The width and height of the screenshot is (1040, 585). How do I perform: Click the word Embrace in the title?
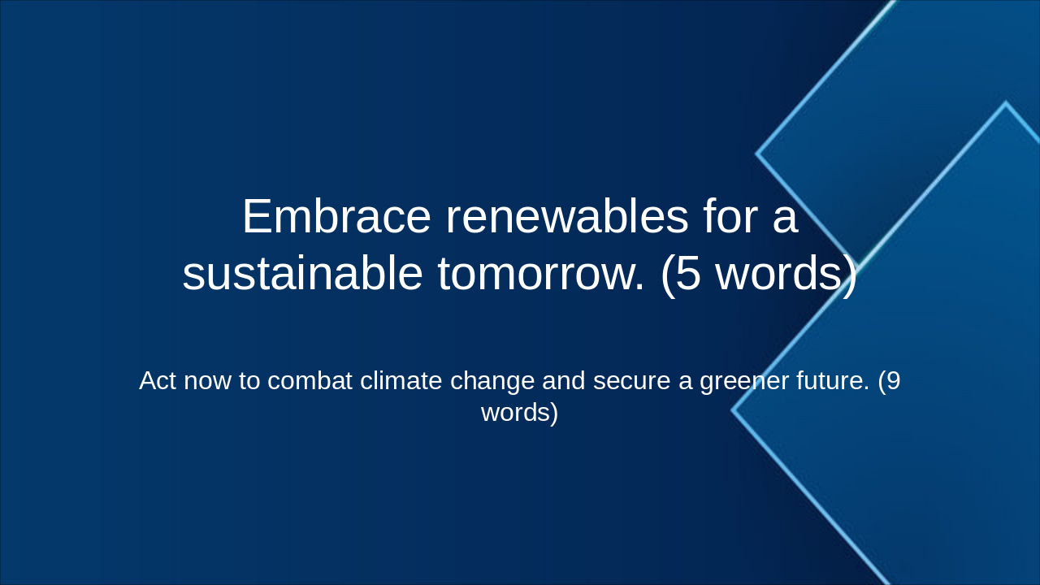[336, 217]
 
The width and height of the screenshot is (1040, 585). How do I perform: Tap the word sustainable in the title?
[302, 274]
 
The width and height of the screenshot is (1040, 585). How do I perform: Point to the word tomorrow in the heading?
[540, 274]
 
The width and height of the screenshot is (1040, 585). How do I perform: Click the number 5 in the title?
[688, 274]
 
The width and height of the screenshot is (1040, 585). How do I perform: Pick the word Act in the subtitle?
[157, 380]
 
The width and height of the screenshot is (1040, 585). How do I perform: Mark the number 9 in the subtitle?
[893, 380]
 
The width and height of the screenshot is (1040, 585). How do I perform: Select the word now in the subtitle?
[209, 381]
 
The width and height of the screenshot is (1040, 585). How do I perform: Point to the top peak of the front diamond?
[1005, 103]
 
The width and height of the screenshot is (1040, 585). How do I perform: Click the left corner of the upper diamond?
[757, 153]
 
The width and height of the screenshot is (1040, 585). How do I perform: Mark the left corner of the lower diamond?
[733, 410]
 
